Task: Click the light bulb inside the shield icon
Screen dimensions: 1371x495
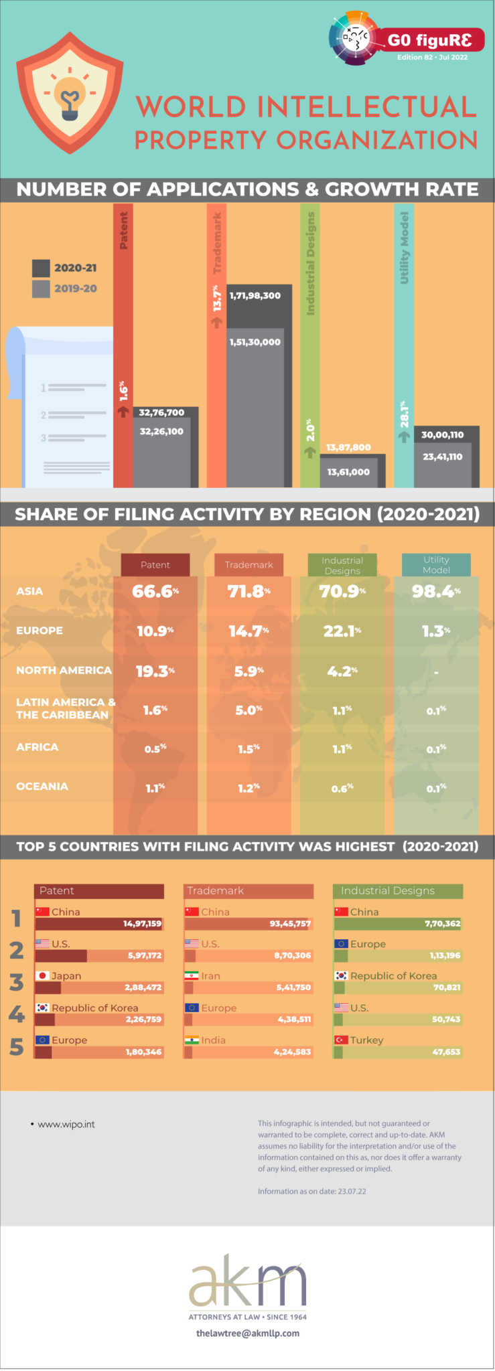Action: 70,97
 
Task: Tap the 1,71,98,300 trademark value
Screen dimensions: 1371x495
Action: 255,296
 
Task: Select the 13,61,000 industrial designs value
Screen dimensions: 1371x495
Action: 348,472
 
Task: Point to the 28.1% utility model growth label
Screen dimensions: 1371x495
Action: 404,414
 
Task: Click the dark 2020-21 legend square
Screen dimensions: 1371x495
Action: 41,268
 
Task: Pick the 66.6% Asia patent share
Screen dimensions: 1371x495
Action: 155,591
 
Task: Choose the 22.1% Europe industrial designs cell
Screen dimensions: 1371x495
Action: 342,631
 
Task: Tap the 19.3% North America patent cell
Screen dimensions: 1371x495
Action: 155,671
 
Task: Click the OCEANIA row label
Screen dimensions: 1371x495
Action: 42,787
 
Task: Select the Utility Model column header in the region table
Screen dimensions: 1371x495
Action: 436,565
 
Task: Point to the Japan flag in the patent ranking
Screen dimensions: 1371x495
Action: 42,976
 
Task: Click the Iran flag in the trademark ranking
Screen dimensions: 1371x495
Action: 192,976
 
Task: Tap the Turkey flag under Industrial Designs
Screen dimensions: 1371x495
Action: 341,1040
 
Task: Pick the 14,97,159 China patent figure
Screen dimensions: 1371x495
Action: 142,924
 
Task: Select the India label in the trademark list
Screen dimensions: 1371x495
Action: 214,1040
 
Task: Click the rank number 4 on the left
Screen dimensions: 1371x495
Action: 17,1014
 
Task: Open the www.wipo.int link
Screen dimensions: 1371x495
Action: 66,1125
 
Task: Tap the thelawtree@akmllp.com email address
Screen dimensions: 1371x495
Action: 248,1333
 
